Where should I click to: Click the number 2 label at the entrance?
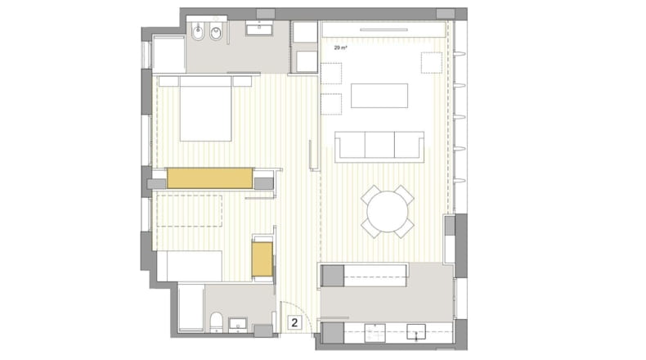click(294, 322)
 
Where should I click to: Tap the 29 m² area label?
click(340, 48)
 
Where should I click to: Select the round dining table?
click(388, 212)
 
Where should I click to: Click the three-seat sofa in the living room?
click(379, 146)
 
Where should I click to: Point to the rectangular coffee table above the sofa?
click(379, 96)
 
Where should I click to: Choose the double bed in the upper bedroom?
click(205, 109)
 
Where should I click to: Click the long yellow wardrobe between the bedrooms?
click(210, 178)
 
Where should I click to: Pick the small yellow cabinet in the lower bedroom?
click(262, 259)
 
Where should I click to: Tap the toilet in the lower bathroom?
click(217, 322)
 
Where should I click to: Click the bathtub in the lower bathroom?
click(191, 308)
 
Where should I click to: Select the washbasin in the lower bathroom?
click(238, 324)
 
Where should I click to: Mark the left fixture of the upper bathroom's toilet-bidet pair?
click(198, 32)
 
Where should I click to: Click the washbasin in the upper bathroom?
click(259, 28)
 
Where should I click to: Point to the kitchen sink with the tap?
click(416, 332)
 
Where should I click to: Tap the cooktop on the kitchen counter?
click(375, 333)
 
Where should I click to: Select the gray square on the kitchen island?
click(333, 276)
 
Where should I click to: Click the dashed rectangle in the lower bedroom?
click(190, 211)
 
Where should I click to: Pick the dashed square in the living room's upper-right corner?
click(432, 63)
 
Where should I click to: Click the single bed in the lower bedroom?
click(190, 266)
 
